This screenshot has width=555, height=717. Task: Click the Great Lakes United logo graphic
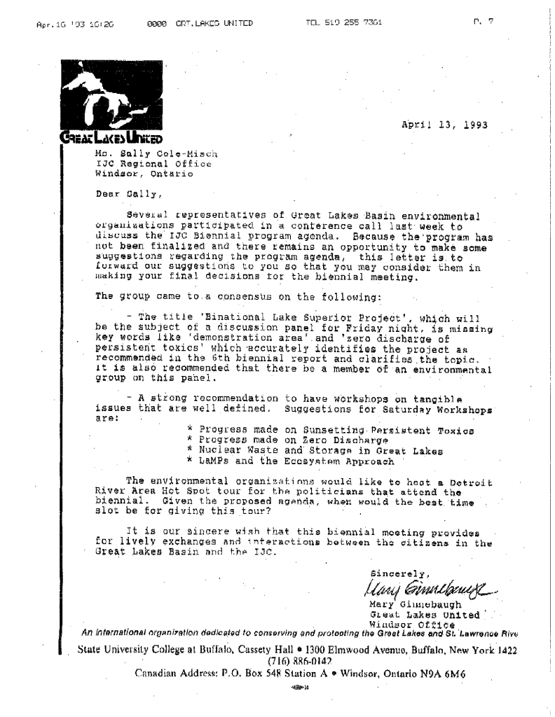click(x=109, y=99)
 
